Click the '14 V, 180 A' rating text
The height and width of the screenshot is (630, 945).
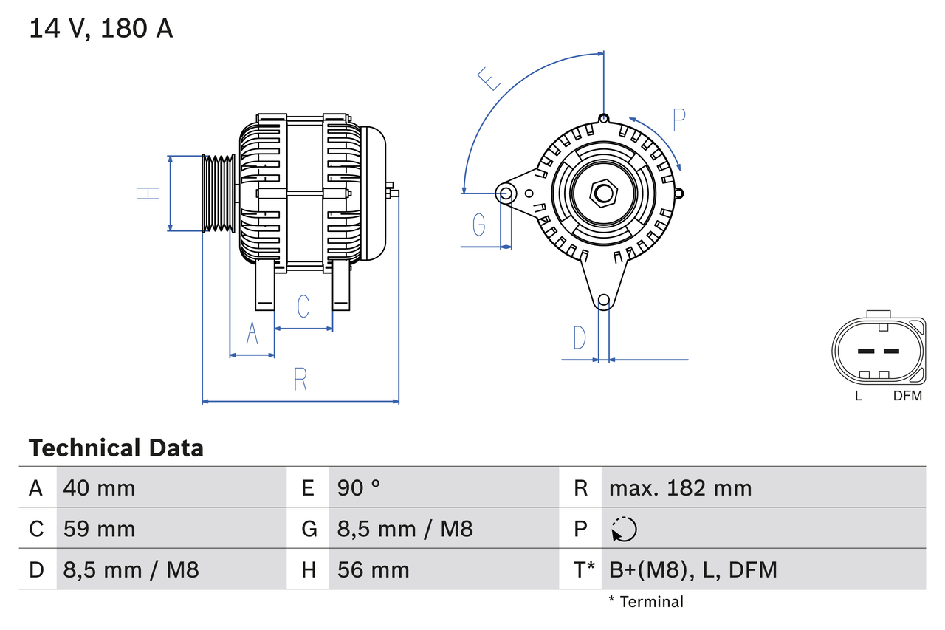101,29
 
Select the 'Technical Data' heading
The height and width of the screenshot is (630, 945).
116,448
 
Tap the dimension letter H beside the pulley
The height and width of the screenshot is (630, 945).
148,194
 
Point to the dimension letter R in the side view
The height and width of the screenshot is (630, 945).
300,379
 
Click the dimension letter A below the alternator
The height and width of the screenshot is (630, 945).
252,334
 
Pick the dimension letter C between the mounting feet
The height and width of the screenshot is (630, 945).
303,306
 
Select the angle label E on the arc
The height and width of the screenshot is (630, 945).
489,78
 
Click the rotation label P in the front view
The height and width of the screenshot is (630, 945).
678,120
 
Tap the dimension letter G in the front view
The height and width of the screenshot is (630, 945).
479,224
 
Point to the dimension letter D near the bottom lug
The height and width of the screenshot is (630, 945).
580,338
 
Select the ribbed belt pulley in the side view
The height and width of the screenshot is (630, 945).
219,194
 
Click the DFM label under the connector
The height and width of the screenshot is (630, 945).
907,396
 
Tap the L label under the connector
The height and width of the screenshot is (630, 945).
858,396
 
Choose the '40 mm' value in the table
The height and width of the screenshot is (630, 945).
100,488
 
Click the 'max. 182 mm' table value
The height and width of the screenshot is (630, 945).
680,488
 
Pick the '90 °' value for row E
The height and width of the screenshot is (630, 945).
359,488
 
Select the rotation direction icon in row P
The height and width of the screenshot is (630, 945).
624,530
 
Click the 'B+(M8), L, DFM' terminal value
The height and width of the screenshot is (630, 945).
693,569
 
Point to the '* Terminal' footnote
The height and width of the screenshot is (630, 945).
646,602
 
